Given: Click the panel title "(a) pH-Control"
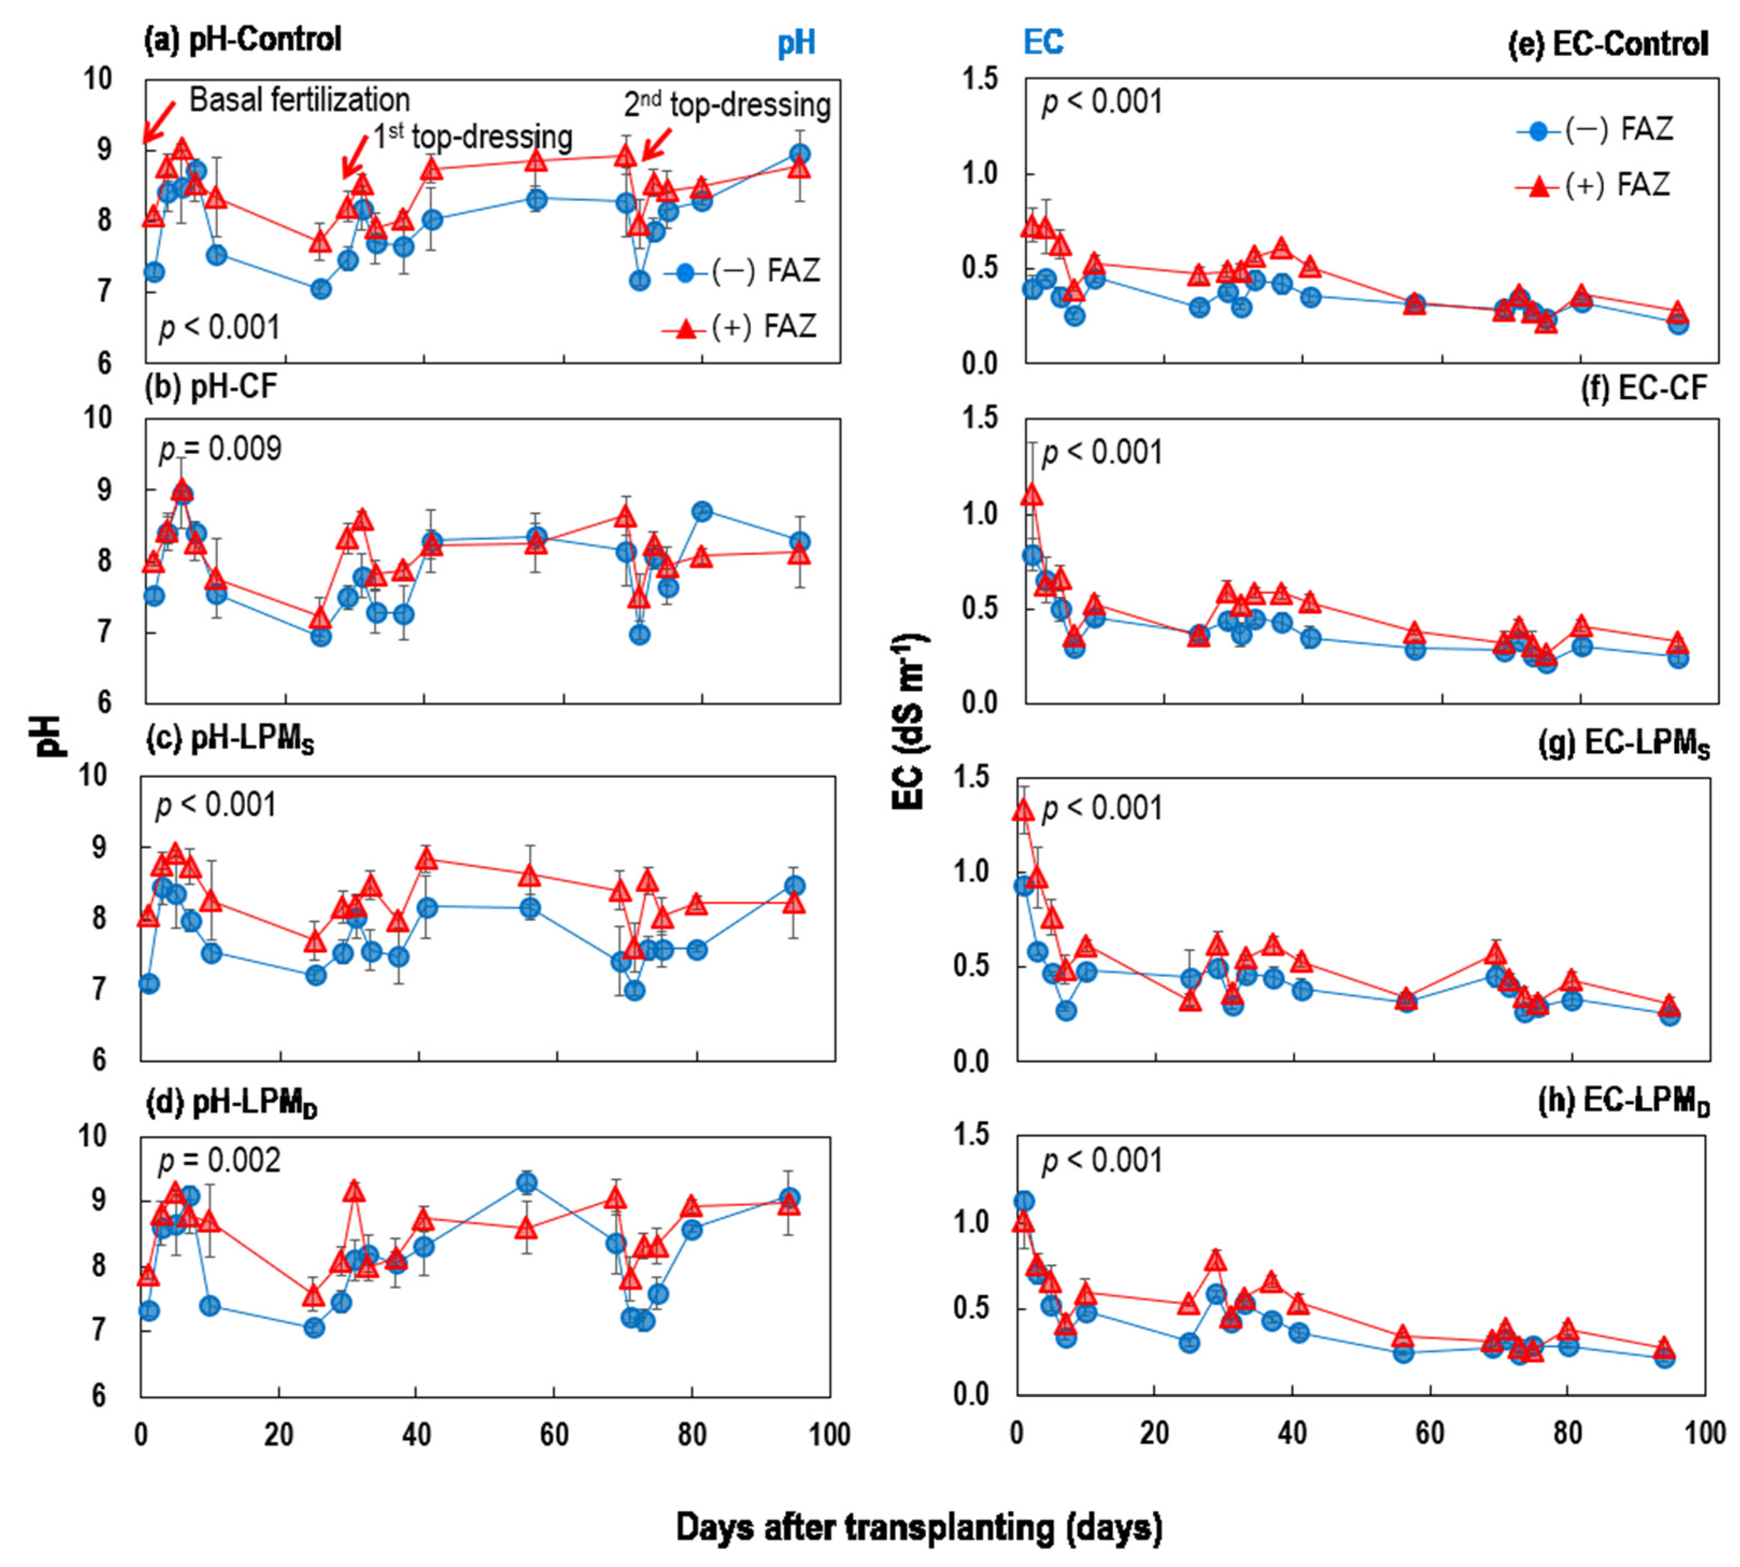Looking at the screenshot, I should point(243,40).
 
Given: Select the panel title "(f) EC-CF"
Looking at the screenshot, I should point(1644,388).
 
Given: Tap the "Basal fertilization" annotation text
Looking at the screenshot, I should point(300,100).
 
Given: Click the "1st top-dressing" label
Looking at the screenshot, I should point(473,137).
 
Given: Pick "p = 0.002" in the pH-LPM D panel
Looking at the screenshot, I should point(219,1161).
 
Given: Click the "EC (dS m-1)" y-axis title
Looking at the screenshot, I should point(909,722).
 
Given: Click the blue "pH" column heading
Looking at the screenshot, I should point(797,43).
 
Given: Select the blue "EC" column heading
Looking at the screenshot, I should point(1042,41).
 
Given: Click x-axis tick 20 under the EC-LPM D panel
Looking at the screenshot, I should point(1154,1432).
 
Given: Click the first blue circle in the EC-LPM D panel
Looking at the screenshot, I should point(1024,1201).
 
